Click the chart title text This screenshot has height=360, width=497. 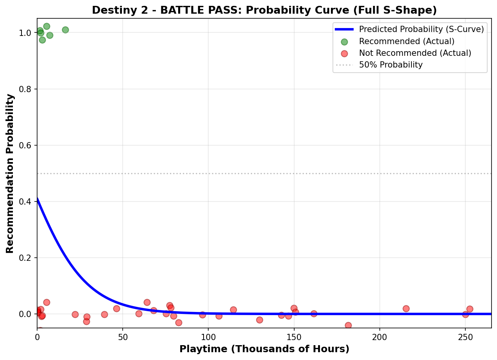[264, 11]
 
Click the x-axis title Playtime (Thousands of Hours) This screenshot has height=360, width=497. [264, 349]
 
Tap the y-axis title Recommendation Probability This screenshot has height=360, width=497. [10, 173]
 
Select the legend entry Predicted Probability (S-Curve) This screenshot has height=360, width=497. [421, 29]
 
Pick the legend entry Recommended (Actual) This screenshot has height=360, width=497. [406, 41]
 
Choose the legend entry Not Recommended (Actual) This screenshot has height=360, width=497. [415, 53]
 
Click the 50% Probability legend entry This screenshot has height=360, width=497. [391, 65]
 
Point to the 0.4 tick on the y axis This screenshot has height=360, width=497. [28, 202]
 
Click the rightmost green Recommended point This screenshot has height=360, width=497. [65, 30]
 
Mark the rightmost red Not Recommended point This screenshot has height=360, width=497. [470, 309]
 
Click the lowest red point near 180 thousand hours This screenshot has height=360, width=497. [348, 325]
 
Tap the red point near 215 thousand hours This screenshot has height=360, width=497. [406, 308]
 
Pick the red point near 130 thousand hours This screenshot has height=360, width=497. [259, 320]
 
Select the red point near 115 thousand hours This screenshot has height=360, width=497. [233, 310]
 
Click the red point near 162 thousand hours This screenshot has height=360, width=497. [314, 314]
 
